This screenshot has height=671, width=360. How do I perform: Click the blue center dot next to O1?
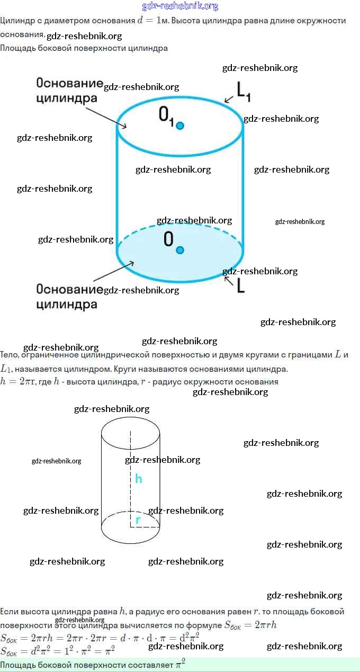180,126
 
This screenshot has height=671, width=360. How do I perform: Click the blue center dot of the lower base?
180,250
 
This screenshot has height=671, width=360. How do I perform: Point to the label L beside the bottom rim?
240,286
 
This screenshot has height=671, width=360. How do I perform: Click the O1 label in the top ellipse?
166,116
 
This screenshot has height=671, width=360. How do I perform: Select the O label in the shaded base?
168,240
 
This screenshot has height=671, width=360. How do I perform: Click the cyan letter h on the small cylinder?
138,479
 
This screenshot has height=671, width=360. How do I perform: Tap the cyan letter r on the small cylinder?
138,520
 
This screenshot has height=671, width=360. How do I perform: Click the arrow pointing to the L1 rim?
229,99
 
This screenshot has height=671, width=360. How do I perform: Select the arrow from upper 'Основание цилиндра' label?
105,117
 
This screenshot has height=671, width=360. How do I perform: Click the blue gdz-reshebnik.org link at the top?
180,6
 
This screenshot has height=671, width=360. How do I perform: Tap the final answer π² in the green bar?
180,664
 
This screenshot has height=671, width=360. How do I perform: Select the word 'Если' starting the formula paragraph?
8,611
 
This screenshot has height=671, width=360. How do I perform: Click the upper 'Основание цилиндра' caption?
69,91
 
